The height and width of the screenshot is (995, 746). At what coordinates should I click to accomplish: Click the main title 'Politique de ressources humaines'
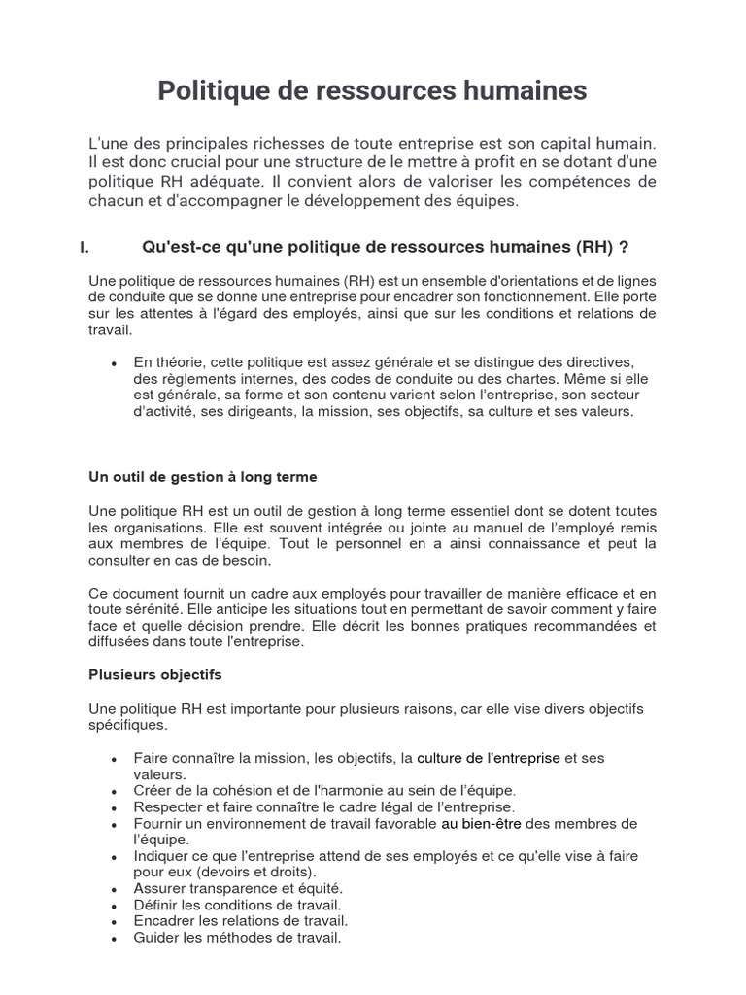pos(373,90)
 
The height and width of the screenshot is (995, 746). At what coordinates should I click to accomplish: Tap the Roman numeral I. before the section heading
pos(85,247)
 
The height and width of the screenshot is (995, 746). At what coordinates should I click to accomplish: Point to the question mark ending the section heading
pos(637,247)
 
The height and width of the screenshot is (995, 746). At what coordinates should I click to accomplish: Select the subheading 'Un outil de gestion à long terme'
pos(202,477)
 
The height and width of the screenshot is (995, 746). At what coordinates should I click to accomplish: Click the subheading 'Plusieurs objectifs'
pos(155,673)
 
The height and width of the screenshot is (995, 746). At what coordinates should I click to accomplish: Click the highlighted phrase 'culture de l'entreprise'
pos(488,758)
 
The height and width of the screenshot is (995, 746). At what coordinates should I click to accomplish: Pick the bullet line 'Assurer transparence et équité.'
pos(238,888)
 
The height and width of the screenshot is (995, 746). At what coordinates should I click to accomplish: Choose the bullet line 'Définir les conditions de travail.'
pos(237,905)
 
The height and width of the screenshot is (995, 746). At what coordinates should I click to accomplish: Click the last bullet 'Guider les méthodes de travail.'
pos(237,938)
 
